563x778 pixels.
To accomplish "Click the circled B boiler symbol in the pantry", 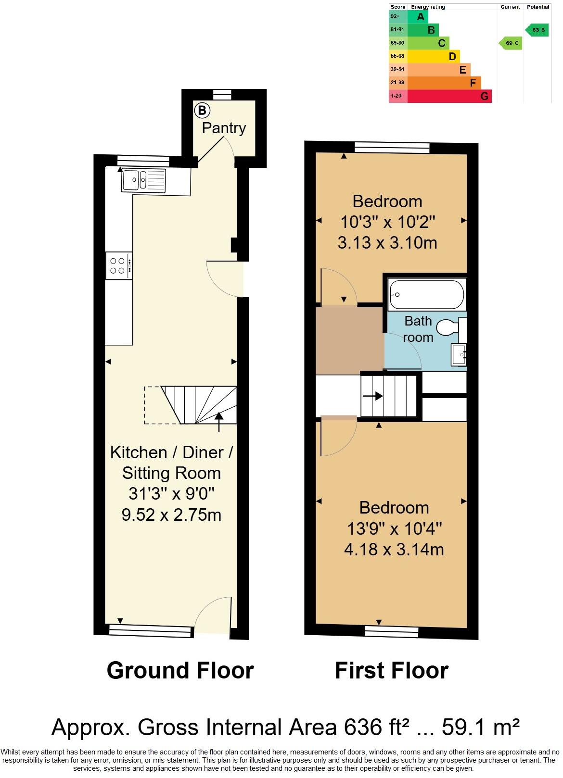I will [x=202, y=111].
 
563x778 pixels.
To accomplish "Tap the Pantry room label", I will [x=224, y=128].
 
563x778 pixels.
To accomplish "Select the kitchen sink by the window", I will [x=143, y=180].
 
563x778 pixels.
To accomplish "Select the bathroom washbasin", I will [x=459, y=355].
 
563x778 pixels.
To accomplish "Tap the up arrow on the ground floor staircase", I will [x=219, y=422].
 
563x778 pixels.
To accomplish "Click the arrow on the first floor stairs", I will [x=372, y=396].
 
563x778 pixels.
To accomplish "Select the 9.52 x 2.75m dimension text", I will [x=171, y=515].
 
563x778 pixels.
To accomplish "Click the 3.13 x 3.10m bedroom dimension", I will [x=387, y=242].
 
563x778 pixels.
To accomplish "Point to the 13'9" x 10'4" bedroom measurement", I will [x=394, y=529].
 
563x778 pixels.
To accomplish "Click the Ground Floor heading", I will [x=180, y=670].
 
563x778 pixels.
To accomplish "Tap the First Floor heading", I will [x=391, y=670].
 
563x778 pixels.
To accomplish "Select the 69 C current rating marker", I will [x=511, y=43].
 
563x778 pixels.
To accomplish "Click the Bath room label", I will [x=418, y=329].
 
